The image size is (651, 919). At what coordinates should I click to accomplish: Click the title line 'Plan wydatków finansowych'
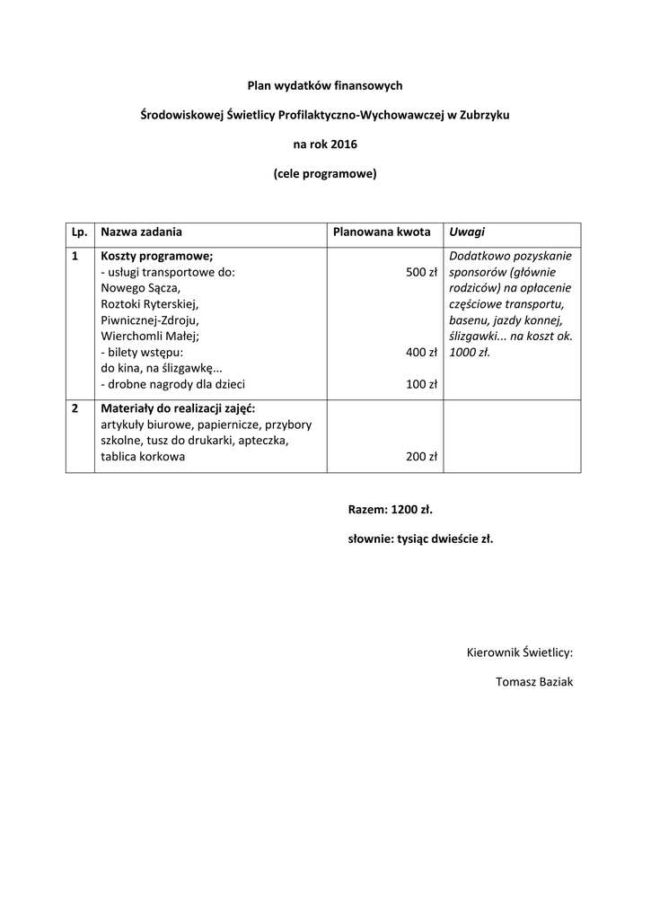click(x=325, y=86)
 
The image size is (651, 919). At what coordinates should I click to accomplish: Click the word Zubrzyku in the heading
click(x=485, y=115)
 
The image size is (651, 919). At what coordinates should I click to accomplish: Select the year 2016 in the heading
click(x=343, y=144)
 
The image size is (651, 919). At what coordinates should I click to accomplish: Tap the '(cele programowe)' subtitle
click(x=325, y=173)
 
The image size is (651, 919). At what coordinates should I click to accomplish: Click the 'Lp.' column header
click(x=79, y=232)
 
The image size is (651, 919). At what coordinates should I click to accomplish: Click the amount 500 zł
click(x=421, y=272)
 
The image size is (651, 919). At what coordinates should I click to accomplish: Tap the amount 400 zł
click(x=421, y=353)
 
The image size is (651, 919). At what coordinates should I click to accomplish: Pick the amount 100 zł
click(x=421, y=385)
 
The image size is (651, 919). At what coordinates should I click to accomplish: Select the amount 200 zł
click(x=421, y=457)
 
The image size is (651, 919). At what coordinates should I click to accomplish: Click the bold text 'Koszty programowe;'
click(x=156, y=256)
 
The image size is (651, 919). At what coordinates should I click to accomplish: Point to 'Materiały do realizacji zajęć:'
click(x=178, y=408)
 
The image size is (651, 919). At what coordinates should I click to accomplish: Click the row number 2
click(x=75, y=408)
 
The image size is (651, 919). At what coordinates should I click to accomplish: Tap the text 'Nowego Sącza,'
click(x=140, y=288)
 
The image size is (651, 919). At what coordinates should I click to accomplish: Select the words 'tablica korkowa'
click(x=143, y=457)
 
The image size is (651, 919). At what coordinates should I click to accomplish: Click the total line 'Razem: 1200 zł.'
click(x=391, y=510)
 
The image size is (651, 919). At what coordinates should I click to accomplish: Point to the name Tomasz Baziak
click(x=534, y=682)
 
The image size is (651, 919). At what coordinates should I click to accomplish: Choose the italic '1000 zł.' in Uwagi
click(x=470, y=353)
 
